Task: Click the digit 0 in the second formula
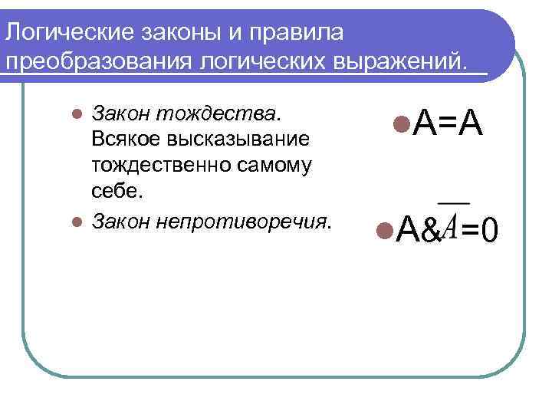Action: (491, 228)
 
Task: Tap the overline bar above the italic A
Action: (453, 202)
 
